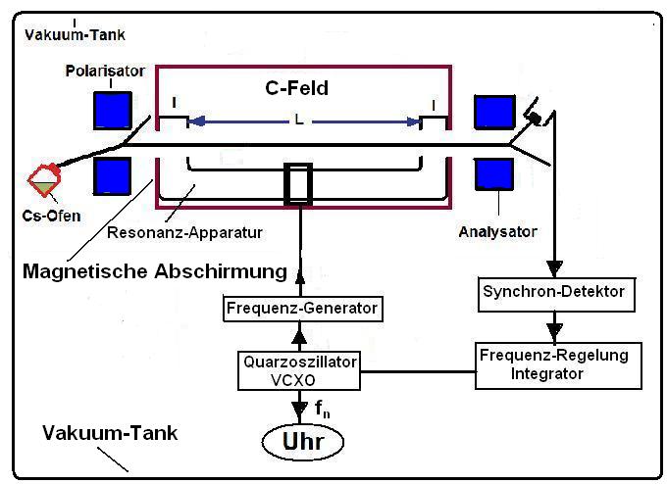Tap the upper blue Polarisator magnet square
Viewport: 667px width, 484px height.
(x=112, y=111)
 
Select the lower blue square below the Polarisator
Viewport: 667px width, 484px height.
(x=112, y=177)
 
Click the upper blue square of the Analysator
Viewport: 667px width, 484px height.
(x=493, y=113)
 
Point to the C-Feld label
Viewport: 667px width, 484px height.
(x=296, y=88)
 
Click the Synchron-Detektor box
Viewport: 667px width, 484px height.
(x=554, y=290)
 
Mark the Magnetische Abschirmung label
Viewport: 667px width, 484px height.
(x=155, y=270)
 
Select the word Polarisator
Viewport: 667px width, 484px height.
(x=105, y=72)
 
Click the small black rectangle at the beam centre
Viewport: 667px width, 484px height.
(x=298, y=183)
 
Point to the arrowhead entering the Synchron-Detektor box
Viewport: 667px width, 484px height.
(x=554, y=268)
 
